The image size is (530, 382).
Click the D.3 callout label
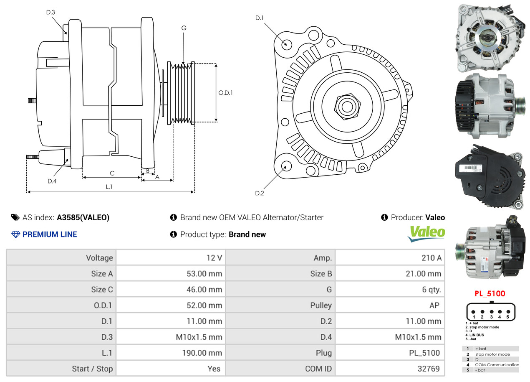(x=50, y=12)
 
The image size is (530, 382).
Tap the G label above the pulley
(x=184, y=28)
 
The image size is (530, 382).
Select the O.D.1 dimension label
(x=225, y=93)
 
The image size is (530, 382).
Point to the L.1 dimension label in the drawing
(x=109, y=187)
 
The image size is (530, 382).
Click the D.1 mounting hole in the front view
(x=286, y=43)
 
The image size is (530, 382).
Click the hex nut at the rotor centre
(x=346, y=105)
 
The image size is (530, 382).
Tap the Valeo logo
(x=426, y=233)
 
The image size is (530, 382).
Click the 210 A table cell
(x=431, y=258)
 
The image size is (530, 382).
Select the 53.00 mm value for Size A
(x=204, y=274)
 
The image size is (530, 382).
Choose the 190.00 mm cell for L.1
(x=202, y=353)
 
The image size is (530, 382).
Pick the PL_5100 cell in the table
(x=424, y=353)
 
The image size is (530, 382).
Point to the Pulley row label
(x=321, y=305)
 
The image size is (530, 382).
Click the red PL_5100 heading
(x=490, y=293)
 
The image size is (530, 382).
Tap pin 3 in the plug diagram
(x=492, y=311)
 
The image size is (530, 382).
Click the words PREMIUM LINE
(x=50, y=234)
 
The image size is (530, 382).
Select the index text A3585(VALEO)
(x=83, y=217)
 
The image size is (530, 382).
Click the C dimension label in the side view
(x=112, y=173)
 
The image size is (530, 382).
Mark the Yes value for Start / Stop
(x=213, y=369)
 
